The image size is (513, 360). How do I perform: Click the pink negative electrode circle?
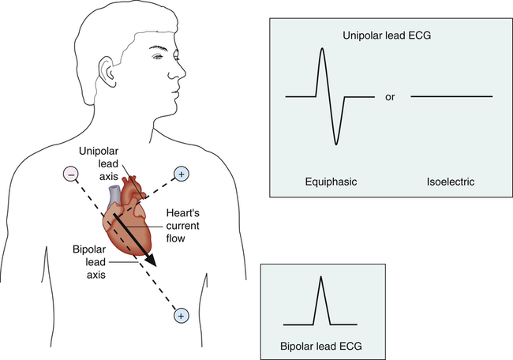point(71,174)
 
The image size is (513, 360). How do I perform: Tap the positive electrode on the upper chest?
point(182,174)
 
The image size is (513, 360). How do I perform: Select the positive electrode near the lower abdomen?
point(182,316)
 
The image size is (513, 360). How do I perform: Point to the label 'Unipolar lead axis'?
point(99,163)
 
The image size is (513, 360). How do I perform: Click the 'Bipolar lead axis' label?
point(89,262)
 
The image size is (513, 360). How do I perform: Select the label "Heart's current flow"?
point(182,226)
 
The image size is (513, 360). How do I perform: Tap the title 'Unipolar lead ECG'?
point(387,36)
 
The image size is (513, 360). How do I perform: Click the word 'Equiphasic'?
point(331,182)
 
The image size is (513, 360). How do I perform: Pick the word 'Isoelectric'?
point(450,182)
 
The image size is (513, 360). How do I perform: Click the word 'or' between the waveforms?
point(390,97)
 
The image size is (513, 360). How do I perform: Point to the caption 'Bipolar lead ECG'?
point(321,346)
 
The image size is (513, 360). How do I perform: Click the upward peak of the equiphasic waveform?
point(322,49)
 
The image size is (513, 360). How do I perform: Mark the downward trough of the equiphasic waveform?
point(335,144)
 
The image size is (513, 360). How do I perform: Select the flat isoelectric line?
point(451,96)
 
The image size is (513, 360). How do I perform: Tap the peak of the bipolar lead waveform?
point(321,277)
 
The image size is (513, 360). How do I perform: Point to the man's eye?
point(159,57)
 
